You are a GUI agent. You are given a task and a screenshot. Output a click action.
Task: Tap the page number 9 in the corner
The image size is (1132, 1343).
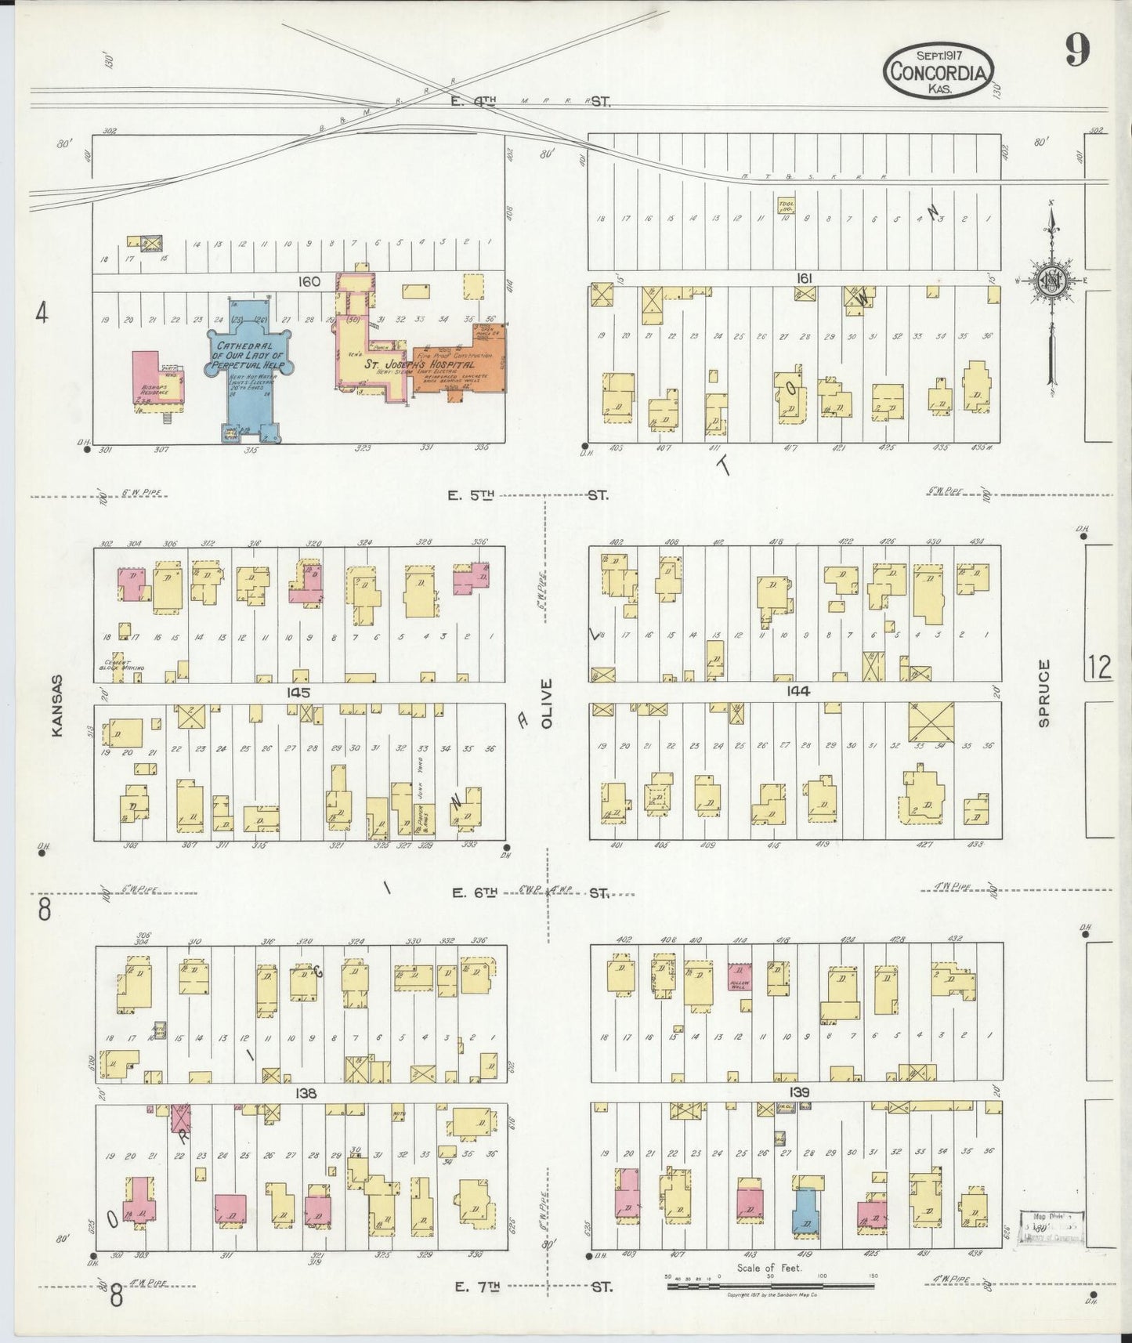1077,52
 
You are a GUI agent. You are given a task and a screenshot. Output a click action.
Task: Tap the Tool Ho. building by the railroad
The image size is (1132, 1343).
785,206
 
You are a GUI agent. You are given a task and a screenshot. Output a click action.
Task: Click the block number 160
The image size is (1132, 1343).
308,281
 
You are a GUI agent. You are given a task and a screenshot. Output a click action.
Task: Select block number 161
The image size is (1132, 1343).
799,277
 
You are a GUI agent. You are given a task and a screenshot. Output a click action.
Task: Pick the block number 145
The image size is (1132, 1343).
298,693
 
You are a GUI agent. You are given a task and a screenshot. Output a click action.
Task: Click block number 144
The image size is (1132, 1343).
799,691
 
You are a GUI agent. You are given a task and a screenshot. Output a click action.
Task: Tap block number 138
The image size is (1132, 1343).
306,1092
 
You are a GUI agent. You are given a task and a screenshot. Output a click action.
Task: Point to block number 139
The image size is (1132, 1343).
799,1092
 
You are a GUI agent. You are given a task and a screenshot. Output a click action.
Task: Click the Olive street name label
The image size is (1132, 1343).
547,703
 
